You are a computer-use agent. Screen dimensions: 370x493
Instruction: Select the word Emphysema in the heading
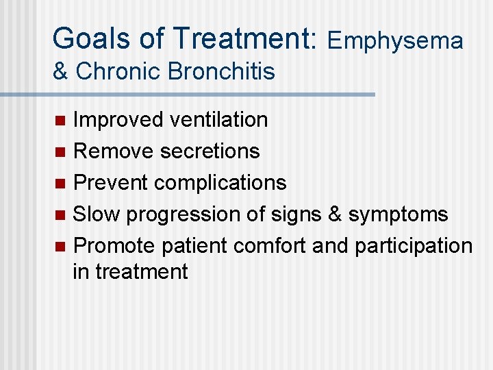pos(395,41)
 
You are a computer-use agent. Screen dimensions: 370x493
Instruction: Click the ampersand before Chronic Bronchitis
pos(61,71)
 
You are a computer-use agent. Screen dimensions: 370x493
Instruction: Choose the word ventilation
pos(218,120)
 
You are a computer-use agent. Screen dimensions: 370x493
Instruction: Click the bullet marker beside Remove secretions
pos(60,152)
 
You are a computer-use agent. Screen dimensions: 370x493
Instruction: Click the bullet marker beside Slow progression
pos(60,215)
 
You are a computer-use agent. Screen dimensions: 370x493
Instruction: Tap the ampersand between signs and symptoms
pos(334,214)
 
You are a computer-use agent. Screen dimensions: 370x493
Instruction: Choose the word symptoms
pos(398,214)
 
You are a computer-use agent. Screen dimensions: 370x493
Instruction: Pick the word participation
pos(413,246)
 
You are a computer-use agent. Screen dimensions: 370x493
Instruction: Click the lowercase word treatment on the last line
pos(141,272)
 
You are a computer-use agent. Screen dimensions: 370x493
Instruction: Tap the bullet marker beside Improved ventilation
pos(60,121)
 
